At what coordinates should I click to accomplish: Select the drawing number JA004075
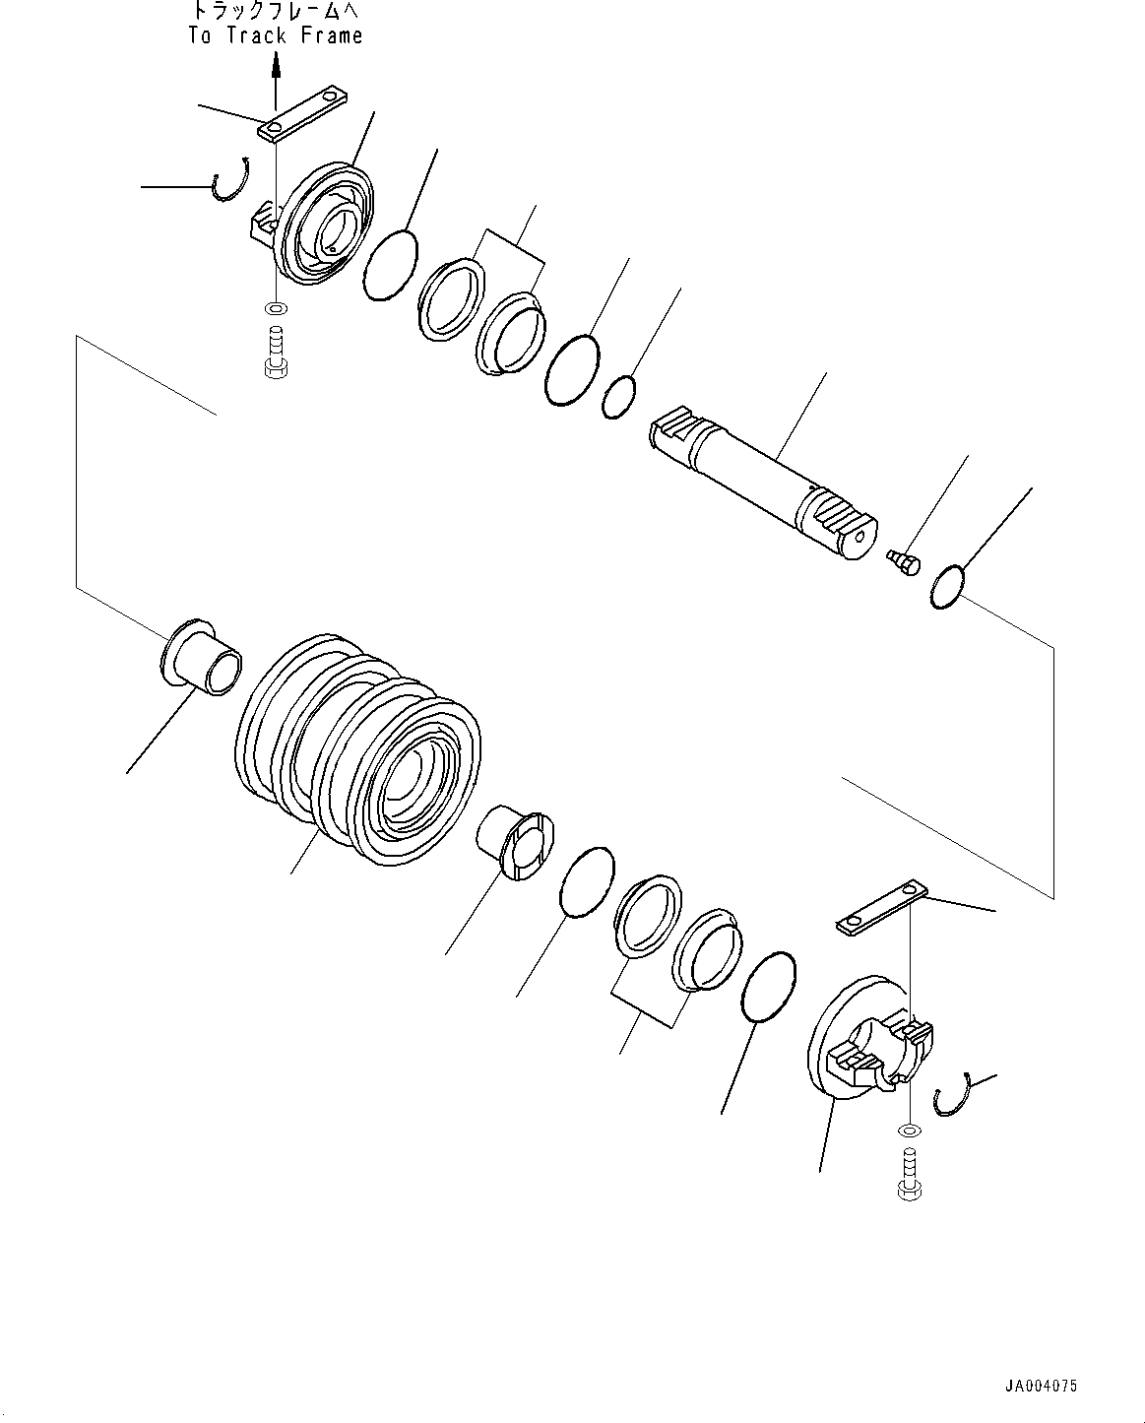pos(1041,1386)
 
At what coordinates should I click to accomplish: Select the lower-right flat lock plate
pos(882,909)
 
